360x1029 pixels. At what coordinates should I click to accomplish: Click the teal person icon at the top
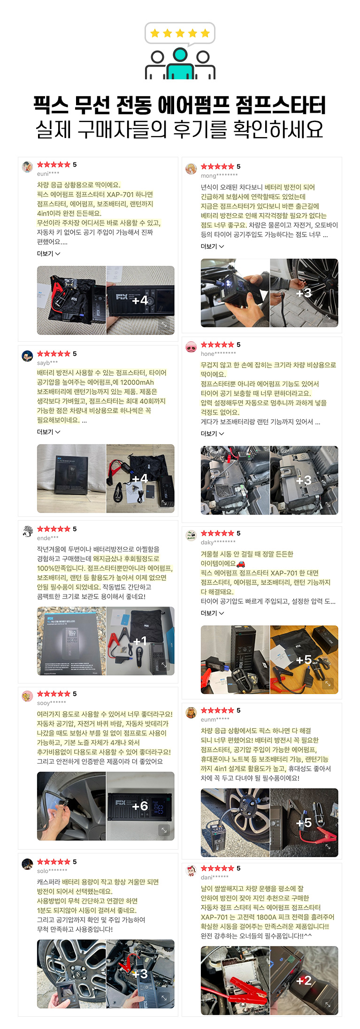(180, 63)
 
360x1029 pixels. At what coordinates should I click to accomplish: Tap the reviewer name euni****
(48, 174)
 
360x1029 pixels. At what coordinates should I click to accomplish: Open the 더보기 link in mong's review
(212, 246)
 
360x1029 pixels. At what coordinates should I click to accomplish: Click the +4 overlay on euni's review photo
(140, 300)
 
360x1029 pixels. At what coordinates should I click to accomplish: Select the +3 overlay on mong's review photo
(304, 293)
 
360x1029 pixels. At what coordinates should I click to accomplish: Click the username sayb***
(47, 363)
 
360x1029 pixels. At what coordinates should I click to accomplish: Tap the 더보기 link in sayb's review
(48, 432)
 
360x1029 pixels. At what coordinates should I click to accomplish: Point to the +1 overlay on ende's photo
(140, 641)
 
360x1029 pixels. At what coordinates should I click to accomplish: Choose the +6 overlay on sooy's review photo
(140, 806)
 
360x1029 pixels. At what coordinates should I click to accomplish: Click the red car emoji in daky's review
(241, 564)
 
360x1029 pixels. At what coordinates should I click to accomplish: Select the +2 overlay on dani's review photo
(304, 980)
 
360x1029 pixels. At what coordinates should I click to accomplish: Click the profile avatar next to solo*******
(28, 864)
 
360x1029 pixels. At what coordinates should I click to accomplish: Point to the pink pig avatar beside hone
(191, 347)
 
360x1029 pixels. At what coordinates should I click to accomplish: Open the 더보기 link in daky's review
(212, 613)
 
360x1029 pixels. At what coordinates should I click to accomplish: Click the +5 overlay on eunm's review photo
(304, 822)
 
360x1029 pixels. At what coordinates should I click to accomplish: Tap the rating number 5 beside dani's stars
(238, 868)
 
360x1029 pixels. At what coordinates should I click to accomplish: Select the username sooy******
(52, 703)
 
